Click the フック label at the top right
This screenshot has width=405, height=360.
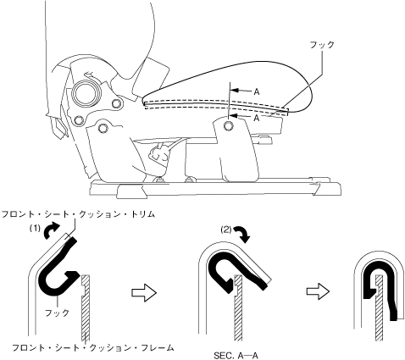pyautogui.click(x=322, y=45)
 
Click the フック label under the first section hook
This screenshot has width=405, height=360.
pyautogui.click(x=57, y=313)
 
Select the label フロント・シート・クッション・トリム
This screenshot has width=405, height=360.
pyautogui.click(x=78, y=214)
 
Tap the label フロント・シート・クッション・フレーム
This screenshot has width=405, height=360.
pyautogui.click(x=92, y=347)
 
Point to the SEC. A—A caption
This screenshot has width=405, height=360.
pyautogui.click(x=236, y=356)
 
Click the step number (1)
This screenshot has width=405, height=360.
pyautogui.click(x=36, y=229)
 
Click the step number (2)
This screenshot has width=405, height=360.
pyautogui.click(x=226, y=230)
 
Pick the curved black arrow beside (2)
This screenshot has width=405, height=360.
pyautogui.click(x=242, y=234)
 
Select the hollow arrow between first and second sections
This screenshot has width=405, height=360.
pyautogui.click(x=144, y=292)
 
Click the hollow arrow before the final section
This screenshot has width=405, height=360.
pyautogui.click(x=318, y=291)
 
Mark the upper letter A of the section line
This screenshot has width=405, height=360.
pyautogui.click(x=257, y=91)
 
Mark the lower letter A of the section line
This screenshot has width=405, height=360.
pyautogui.click(x=257, y=118)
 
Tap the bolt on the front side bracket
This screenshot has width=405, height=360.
pyautogui.click(x=228, y=126)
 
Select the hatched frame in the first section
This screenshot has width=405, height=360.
pyautogui.click(x=86, y=307)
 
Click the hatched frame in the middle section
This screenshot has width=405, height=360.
pyautogui.click(x=238, y=307)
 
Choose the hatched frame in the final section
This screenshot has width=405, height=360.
pyautogui.click(x=380, y=307)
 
